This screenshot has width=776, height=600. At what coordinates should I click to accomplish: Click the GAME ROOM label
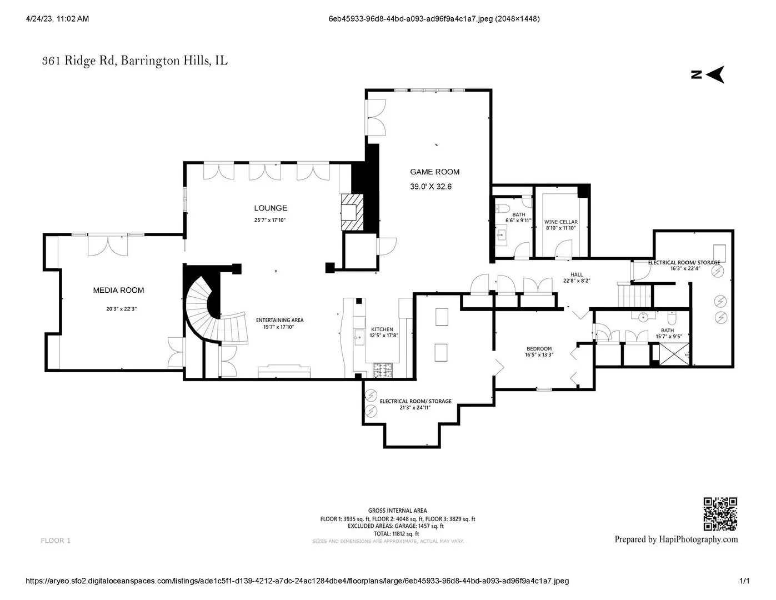434,172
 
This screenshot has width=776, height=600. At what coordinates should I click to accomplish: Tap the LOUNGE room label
271,208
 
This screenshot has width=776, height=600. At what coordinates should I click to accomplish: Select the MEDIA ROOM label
118,291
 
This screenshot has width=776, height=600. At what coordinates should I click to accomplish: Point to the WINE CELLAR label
560,222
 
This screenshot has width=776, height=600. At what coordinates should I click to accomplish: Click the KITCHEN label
382,329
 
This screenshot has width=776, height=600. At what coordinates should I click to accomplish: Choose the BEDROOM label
539,348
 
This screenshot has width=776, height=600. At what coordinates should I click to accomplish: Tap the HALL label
577,274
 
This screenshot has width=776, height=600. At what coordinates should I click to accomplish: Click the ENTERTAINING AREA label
279,320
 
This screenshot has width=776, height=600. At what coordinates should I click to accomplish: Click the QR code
720,514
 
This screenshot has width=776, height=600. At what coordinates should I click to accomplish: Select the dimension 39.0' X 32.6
430,187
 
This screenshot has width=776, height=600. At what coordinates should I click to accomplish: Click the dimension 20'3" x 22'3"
122,309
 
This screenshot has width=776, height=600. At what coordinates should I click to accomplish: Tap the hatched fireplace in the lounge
352,212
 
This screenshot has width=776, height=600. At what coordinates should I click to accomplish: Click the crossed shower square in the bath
674,354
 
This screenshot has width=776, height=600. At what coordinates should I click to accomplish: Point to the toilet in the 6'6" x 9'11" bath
502,208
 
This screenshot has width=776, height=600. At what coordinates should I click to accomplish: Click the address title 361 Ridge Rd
79,61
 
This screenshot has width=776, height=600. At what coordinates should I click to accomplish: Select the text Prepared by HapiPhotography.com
676,539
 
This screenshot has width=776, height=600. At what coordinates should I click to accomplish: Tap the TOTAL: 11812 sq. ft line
397,534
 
